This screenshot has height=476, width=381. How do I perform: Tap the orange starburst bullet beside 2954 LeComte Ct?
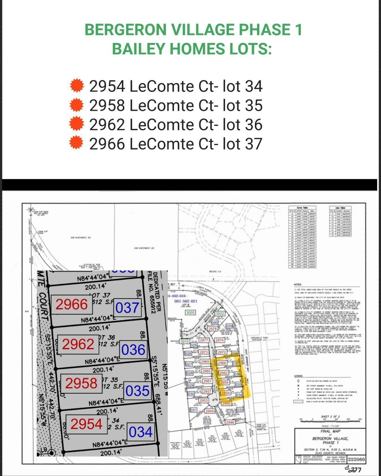77,86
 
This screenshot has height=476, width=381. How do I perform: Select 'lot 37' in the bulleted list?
243,144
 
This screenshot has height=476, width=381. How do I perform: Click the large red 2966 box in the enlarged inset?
72,304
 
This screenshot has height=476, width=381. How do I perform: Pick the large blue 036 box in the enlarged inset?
133,350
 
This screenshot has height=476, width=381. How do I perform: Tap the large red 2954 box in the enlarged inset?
86,424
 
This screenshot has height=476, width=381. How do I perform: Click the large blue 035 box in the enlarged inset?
137,391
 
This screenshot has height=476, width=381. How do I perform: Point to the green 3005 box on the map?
190,313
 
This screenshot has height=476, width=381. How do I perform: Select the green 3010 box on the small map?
184,342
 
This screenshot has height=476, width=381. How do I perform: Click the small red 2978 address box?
212,329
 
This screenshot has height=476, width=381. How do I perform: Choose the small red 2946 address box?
230,422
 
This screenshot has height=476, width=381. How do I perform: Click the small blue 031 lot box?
194,410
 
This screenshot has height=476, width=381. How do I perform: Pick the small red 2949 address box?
209,411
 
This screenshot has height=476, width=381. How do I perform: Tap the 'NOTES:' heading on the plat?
297,285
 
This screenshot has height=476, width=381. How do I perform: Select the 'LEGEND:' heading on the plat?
299,376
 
